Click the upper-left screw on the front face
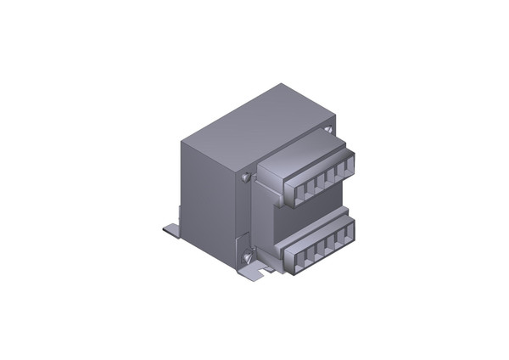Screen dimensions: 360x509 click(245, 177)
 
